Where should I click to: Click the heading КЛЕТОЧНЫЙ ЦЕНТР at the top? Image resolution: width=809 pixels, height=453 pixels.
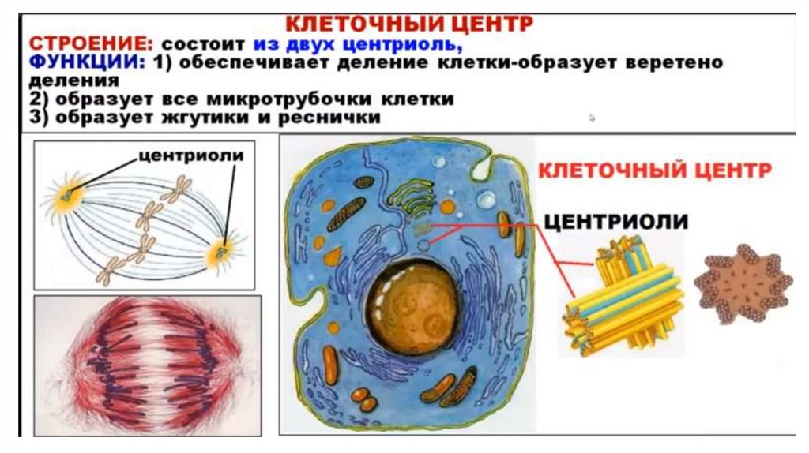click(x=408, y=23)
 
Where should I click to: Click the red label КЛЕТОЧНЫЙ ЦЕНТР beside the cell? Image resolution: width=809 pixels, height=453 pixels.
click(x=654, y=169)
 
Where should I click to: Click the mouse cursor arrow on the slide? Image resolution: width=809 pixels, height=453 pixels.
click(x=592, y=118)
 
